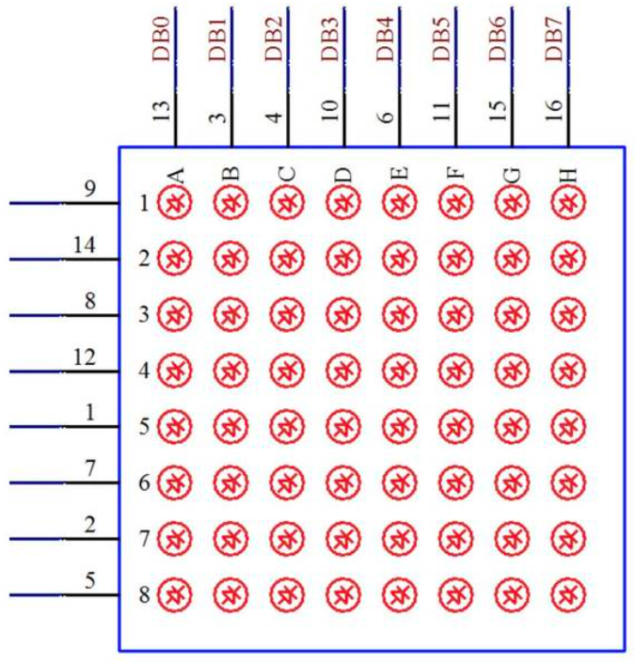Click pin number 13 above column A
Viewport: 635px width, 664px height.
coord(161,113)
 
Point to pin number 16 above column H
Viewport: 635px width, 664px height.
coord(554,113)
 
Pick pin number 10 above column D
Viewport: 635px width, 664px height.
coord(329,113)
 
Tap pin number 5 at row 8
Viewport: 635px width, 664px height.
coord(89,580)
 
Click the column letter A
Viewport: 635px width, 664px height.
coord(173,174)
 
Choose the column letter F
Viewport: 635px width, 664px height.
coord(454,174)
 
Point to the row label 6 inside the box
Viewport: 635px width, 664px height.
coord(144,484)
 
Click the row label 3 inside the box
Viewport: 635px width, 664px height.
coord(144,315)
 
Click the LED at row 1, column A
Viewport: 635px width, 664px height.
coord(173,202)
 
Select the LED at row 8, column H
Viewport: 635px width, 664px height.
coord(566,595)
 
